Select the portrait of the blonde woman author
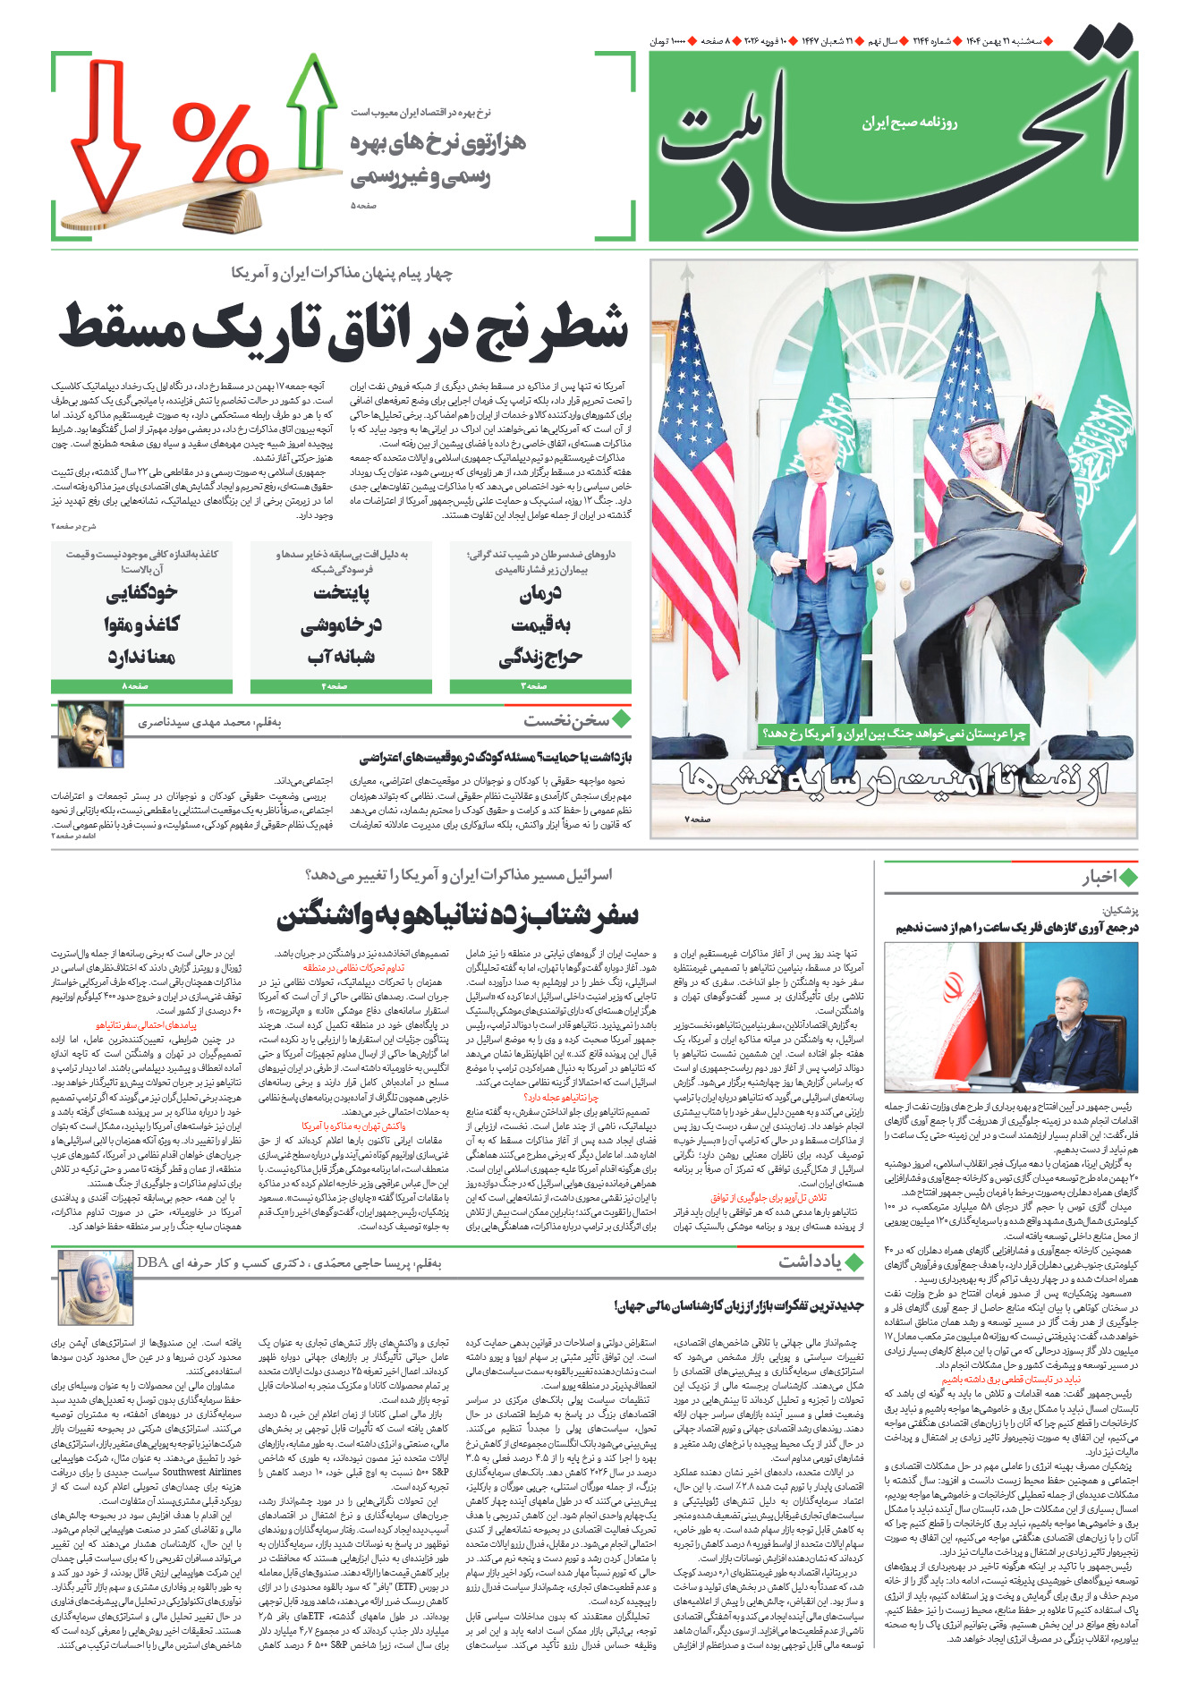(96, 1288)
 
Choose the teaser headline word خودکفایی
(141, 592)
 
